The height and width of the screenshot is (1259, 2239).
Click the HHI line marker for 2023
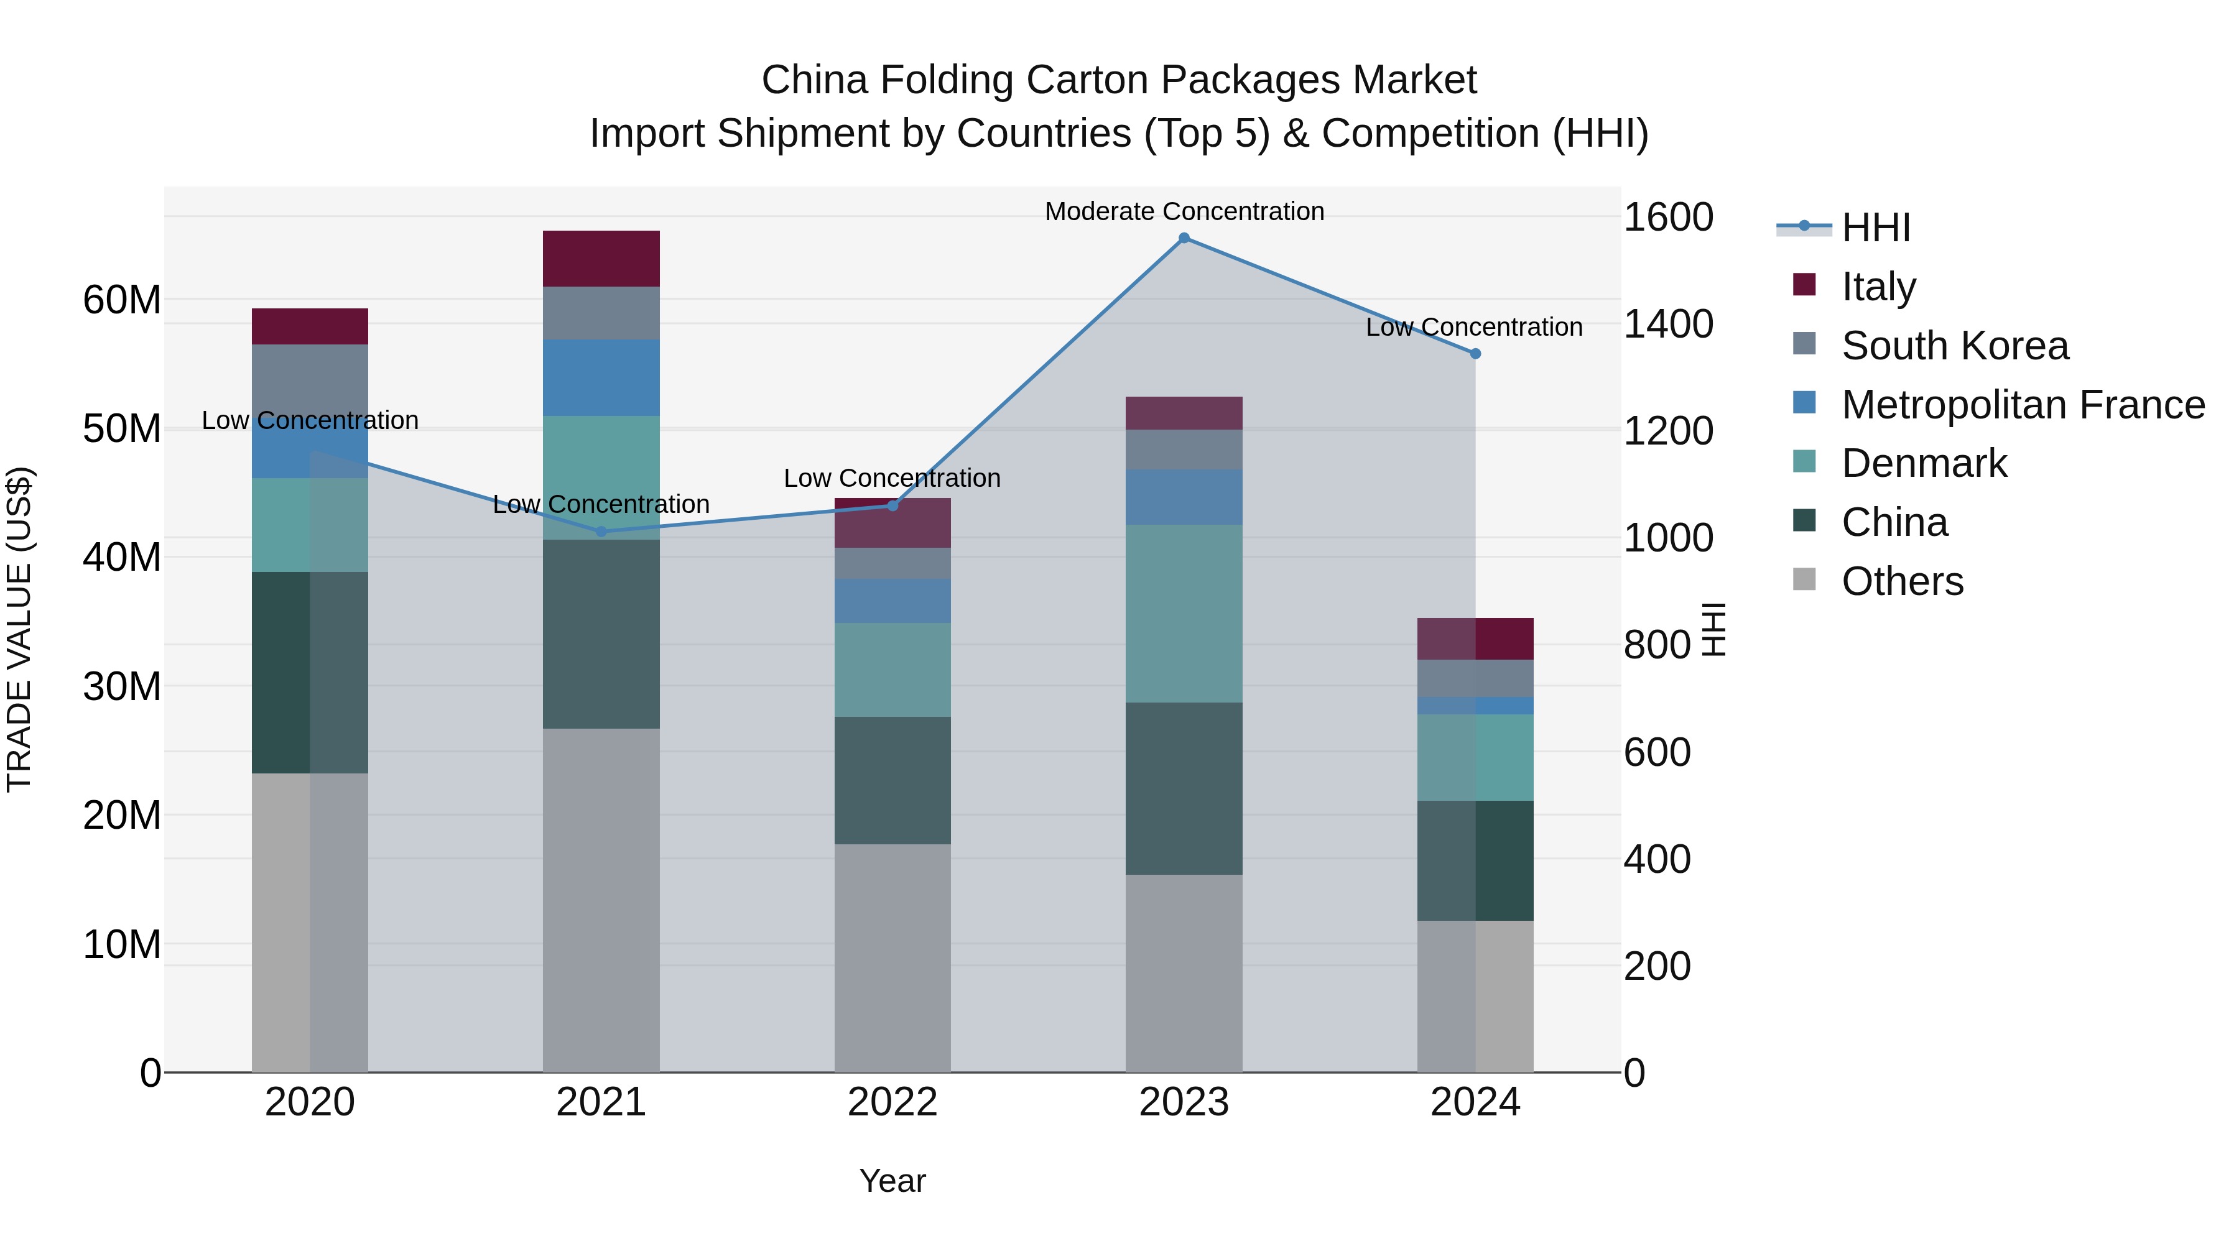coord(1184,238)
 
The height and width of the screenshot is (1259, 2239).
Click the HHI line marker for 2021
coord(601,532)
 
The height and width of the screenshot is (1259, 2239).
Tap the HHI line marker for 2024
coord(1475,354)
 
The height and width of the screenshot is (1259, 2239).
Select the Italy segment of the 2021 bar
coord(601,259)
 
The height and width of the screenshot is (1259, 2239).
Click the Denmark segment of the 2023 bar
coord(1184,614)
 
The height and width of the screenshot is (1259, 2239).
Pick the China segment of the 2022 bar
coord(892,780)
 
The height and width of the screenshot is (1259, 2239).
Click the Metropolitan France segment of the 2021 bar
coord(601,378)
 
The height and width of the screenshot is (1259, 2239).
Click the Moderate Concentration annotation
coord(1184,211)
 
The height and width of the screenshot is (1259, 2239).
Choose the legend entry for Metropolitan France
coord(2023,405)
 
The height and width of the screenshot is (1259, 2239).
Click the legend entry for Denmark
coord(1924,463)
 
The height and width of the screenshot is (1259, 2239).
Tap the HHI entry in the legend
coord(1876,228)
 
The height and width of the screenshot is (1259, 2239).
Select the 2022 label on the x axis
coord(892,1102)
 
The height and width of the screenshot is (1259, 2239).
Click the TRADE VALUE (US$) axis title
coord(19,629)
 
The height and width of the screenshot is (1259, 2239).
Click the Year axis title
coord(892,1181)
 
